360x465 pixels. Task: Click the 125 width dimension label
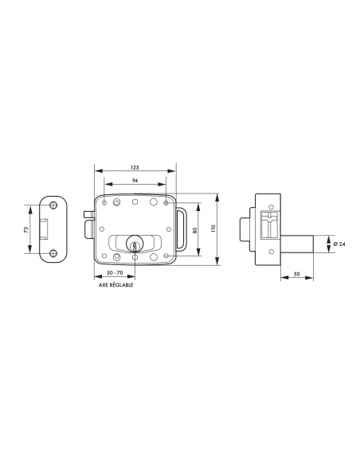click(135, 167)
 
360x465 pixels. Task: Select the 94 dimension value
click(135, 180)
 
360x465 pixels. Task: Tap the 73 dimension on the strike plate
click(26, 229)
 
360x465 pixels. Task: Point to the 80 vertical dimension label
click(195, 230)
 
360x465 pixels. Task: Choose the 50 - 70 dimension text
click(115, 273)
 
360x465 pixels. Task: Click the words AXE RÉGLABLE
click(116, 285)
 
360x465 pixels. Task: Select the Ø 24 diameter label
click(339, 244)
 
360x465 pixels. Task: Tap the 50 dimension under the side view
click(297, 274)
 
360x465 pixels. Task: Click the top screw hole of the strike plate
click(53, 205)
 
